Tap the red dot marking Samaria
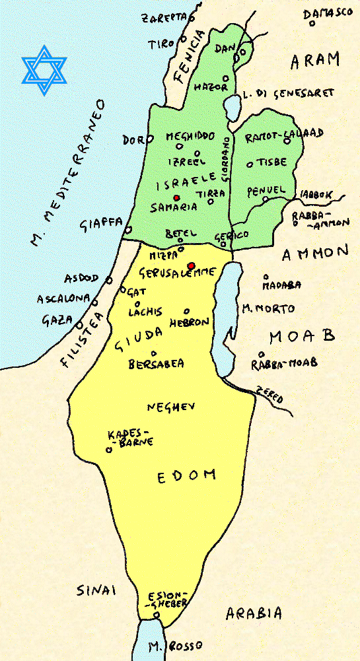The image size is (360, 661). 176,197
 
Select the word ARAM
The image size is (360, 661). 315,61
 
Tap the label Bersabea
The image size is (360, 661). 156,363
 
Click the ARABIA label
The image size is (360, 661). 254,613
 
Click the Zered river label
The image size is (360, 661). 270,394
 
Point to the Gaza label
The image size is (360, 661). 56,320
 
